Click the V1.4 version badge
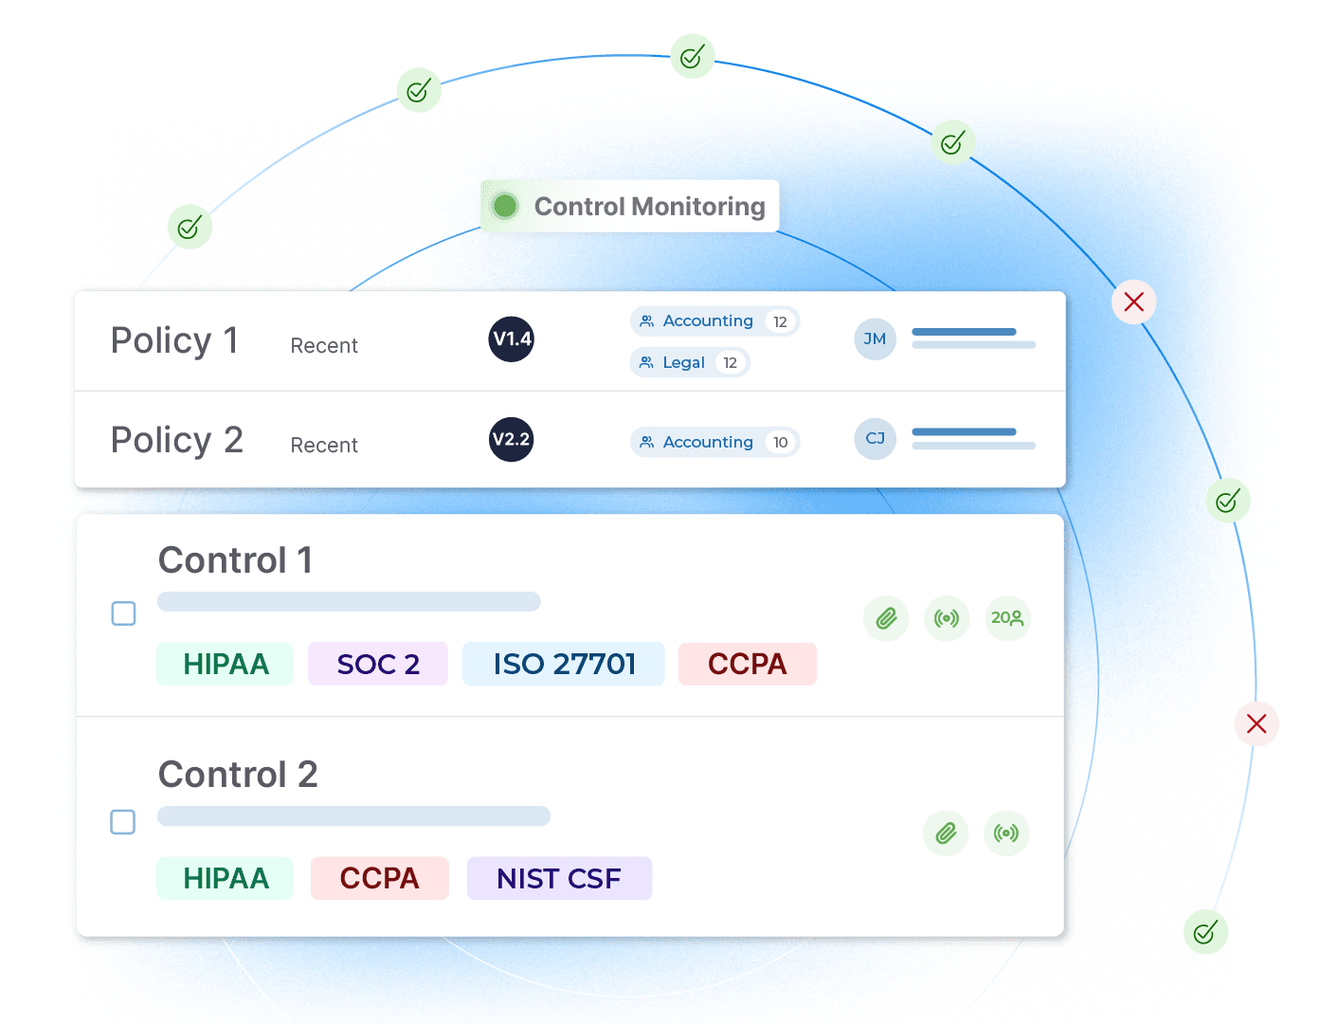(512, 339)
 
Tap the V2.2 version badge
(512, 440)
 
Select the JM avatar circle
(875, 339)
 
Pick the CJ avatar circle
(875, 439)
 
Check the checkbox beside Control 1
(124, 613)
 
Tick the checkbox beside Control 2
(123, 822)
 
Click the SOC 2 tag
(378, 664)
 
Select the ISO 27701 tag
(564, 664)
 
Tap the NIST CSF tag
(559, 878)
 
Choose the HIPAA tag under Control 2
(226, 878)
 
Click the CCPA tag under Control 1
(747, 664)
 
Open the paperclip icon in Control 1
(886, 619)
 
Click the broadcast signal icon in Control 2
(1006, 833)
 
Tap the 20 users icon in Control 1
(1007, 618)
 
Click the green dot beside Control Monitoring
(505, 206)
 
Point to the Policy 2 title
(177, 440)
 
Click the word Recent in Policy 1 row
(324, 346)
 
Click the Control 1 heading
(235, 560)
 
